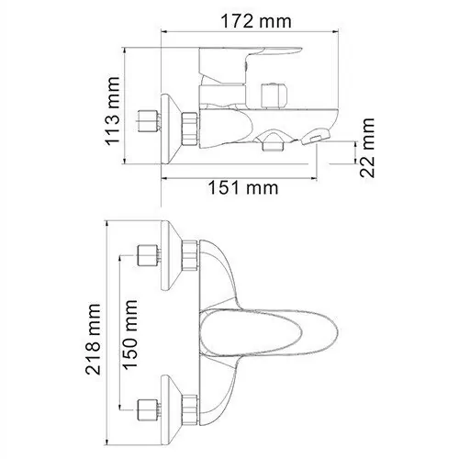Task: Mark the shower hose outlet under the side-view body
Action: [x=272, y=141]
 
